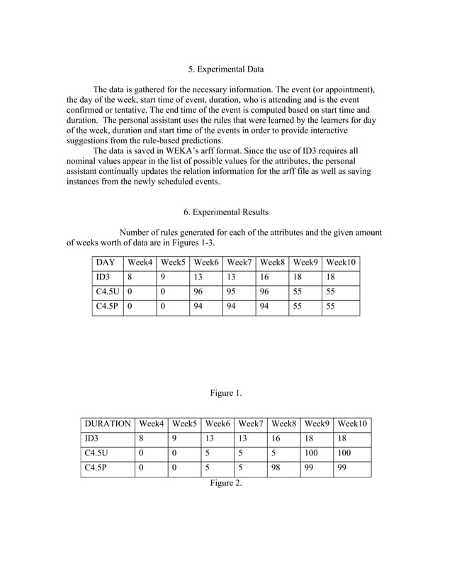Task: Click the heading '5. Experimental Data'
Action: pos(226,70)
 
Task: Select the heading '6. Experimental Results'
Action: pos(226,212)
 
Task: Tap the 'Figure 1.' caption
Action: pos(226,392)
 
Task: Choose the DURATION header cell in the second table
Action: pos(108,424)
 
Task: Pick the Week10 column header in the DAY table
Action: pos(341,262)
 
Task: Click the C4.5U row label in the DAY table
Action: pos(107,292)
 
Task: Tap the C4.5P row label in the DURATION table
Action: pos(96,468)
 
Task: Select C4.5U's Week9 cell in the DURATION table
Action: pos(312,453)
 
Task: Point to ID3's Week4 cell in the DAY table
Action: pos(130,277)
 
